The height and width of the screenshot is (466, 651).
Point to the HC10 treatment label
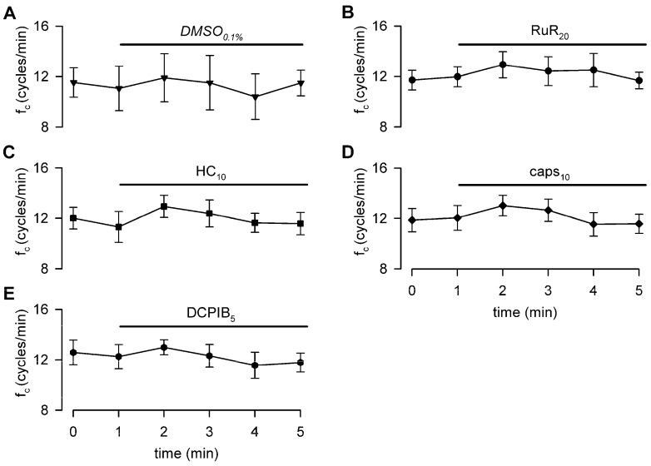(213, 171)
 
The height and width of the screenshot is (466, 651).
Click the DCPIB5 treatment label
(213, 314)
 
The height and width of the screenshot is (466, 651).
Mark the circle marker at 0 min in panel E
(74, 352)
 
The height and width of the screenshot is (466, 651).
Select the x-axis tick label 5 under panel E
(301, 430)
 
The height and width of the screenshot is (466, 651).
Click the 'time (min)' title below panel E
(187, 452)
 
